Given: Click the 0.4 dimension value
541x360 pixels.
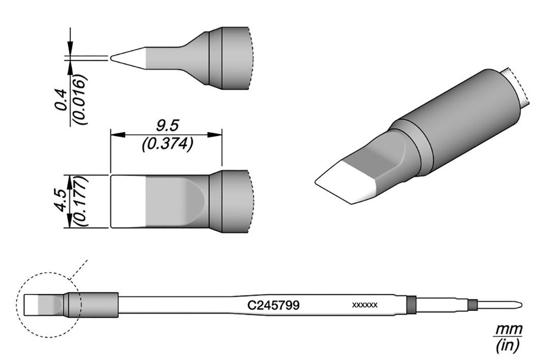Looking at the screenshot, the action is [61, 100].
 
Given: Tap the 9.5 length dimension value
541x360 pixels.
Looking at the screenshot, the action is [167, 126].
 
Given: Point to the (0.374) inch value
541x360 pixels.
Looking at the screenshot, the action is [167, 144].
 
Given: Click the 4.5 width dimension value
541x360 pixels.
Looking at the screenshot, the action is [61, 200].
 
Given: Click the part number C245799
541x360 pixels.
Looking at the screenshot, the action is [273, 305].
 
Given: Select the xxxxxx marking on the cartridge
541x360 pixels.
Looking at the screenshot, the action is [365, 305].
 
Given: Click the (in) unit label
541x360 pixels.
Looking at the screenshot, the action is [507, 346].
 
